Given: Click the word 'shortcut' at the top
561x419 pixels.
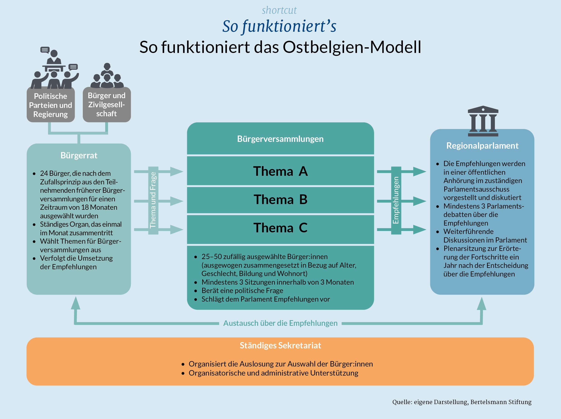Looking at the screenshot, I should [279, 10].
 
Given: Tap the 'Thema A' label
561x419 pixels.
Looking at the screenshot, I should [280, 171].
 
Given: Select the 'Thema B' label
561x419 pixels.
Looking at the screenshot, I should [280, 200].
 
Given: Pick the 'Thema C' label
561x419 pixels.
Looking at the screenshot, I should [280, 228].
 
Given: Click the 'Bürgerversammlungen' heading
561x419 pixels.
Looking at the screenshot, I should [280, 139].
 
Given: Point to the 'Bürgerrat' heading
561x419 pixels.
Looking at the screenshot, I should [79, 155].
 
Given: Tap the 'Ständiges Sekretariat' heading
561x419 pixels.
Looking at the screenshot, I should [280, 345].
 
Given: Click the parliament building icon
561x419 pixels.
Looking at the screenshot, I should [483, 121].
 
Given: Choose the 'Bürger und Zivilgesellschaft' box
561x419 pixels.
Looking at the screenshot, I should [107, 105].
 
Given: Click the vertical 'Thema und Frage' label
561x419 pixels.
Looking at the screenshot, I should [153, 200].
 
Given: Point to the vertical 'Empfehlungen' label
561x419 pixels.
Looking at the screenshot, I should [396, 200].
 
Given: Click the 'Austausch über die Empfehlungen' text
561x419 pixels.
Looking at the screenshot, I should [280, 323].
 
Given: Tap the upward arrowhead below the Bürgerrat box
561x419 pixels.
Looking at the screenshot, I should [76, 304].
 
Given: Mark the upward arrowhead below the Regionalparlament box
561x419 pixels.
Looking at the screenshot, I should [482, 304].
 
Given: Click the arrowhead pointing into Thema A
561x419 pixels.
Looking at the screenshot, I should [176, 172].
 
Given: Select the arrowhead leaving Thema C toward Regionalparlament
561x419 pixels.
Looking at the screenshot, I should [420, 230].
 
